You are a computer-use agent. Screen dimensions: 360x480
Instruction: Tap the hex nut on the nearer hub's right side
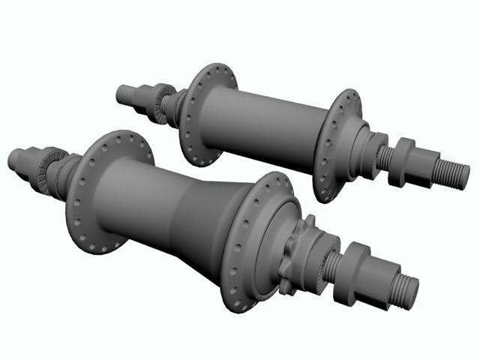pos(353,273)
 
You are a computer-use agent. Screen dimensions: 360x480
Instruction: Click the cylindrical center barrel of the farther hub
pos(262,127)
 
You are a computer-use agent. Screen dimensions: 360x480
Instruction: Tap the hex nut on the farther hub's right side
pos(403,162)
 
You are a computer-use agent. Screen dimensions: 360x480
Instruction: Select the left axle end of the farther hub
pos(126,94)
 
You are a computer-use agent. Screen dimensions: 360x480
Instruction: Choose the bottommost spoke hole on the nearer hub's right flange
pos(238,305)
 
